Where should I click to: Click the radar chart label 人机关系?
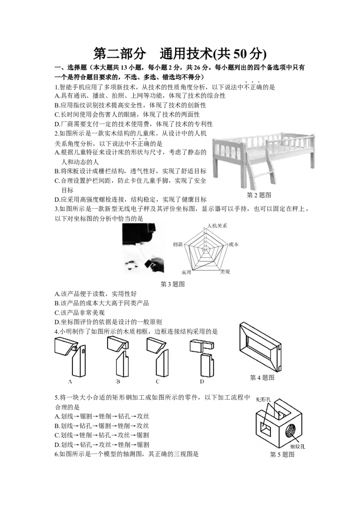click(x=217, y=226)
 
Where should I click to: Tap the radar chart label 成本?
click(x=234, y=245)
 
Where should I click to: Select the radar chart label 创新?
click(x=178, y=245)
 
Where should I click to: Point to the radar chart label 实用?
click(x=186, y=272)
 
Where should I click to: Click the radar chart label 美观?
click(x=225, y=272)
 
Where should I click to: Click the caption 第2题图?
click(x=259, y=195)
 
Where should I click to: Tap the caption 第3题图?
click(x=172, y=284)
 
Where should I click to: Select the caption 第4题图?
click(x=262, y=378)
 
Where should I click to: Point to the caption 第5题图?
click(x=282, y=455)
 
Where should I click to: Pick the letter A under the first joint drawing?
click(x=70, y=382)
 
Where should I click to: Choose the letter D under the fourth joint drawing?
click(x=202, y=382)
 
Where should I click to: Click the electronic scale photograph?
click(x=143, y=248)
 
